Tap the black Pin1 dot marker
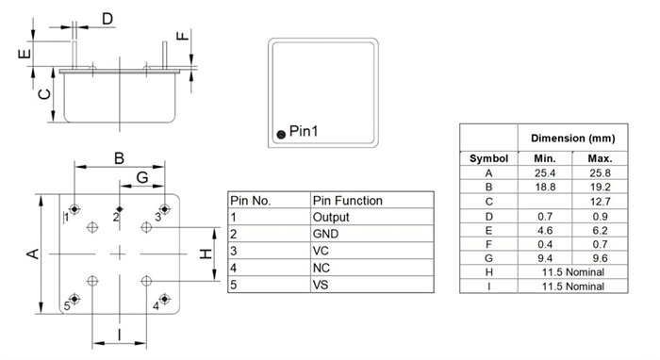click(279, 136)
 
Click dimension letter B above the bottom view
click(120, 158)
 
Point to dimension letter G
click(142, 177)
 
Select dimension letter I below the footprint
click(119, 334)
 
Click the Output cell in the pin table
click(331, 217)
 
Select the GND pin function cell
click(325, 234)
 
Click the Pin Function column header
click(347, 200)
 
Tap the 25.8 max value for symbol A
click(600, 172)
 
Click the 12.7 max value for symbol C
click(600, 201)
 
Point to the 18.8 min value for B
click(544, 187)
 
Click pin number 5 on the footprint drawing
click(67, 304)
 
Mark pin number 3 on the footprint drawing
click(158, 216)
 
